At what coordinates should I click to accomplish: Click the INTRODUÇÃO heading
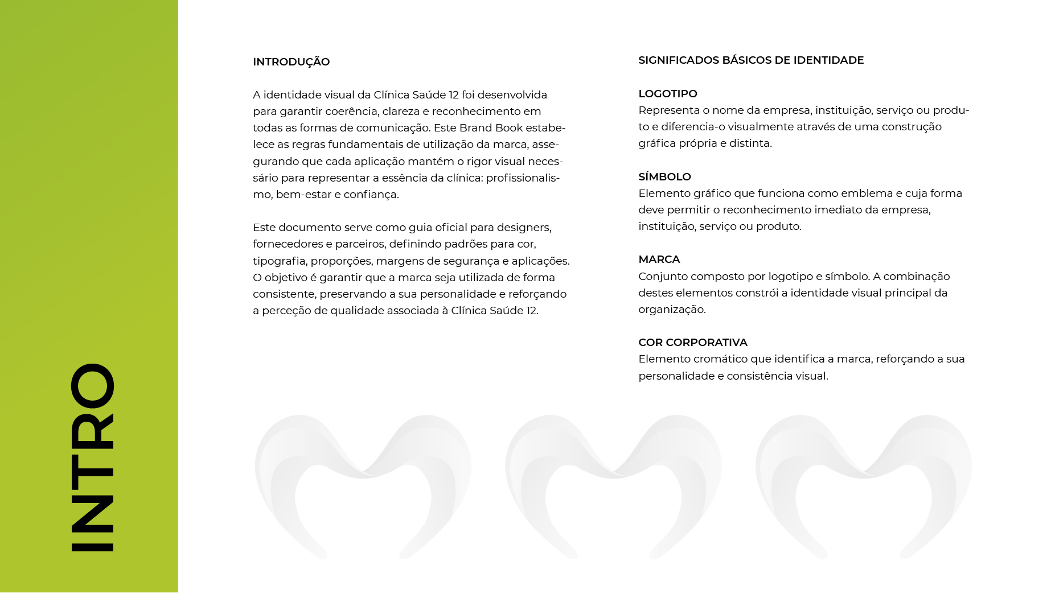point(291,62)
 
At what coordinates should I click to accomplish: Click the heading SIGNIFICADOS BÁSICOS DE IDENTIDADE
point(750,60)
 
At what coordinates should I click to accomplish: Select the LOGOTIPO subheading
point(667,94)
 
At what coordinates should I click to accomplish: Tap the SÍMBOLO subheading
point(664,177)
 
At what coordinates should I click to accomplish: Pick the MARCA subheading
point(659,260)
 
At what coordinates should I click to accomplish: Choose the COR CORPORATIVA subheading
point(692,343)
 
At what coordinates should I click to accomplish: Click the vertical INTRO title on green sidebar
point(92,457)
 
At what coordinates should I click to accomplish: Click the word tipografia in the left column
point(279,261)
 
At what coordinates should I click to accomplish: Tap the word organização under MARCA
point(671,310)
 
